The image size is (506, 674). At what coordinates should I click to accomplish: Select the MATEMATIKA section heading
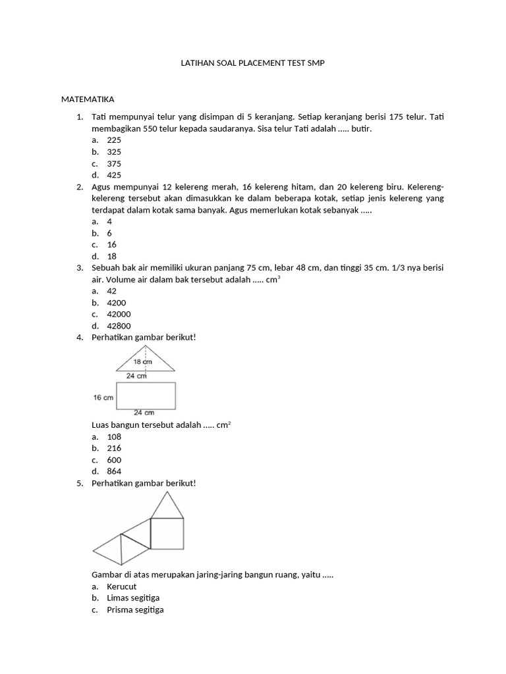click(88, 99)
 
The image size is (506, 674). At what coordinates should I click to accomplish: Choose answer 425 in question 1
click(114, 175)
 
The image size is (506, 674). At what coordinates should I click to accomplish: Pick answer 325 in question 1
click(114, 151)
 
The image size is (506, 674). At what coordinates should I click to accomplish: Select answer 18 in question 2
click(112, 256)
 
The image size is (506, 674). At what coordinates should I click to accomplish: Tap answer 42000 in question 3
click(119, 314)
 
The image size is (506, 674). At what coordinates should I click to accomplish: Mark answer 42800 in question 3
click(119, 326)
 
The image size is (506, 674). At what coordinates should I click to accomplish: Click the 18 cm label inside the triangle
click(143, 362)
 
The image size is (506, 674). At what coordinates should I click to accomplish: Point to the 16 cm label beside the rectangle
click(103, 398)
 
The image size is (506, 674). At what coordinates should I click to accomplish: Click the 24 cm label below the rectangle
click(144, 413)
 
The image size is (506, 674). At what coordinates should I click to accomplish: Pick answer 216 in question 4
click(114, 448)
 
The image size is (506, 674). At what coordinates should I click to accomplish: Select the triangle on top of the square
click(168, 506)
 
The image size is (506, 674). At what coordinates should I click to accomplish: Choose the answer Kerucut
click(121, 586)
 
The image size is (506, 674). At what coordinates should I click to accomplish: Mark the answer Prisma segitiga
click(135, 610)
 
